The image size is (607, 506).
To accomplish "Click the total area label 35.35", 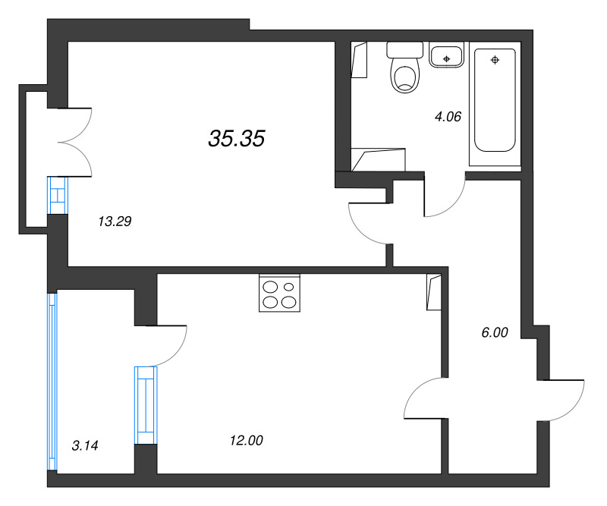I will coord(236,138).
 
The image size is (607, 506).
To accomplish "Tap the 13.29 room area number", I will coord(115,222).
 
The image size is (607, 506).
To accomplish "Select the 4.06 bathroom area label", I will coord(448,117).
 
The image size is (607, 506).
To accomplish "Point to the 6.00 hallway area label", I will coord(494,332).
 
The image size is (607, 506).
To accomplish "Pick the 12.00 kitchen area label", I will coord(246,440).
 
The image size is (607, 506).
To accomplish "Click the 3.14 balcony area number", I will coord(85,445).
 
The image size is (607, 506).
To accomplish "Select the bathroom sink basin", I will coord(447,55).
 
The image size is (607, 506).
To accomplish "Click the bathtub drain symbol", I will coord(495,59).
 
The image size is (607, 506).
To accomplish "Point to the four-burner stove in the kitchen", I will coord(279,294).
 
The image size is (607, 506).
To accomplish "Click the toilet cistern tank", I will coord(404,49).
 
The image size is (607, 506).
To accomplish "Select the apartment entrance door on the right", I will coord(563,399).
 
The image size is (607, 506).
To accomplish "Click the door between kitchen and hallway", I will coord(423,399).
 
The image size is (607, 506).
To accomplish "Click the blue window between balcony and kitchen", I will coord(146,404).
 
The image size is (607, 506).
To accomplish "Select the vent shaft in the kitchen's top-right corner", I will coord(433,292).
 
